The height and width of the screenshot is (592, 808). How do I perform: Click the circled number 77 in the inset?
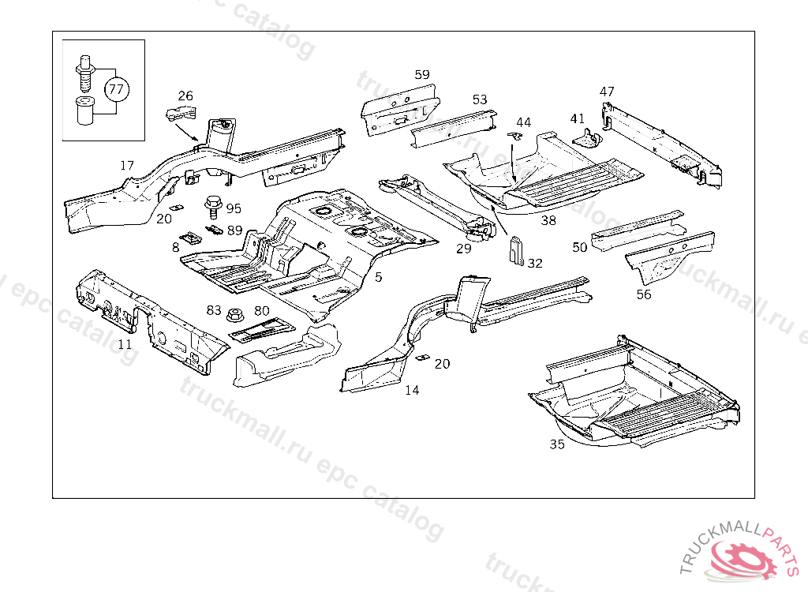tap(116, 88)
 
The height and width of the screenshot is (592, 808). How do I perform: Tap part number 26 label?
tap(185, 96)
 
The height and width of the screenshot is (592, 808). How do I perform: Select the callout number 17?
tap(127, 166)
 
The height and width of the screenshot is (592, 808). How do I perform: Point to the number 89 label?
tap(235, 230)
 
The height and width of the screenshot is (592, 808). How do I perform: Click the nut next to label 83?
tap(234, 315)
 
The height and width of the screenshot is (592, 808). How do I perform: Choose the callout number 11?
tap(125, 344)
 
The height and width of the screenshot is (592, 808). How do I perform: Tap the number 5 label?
tap(379, 277)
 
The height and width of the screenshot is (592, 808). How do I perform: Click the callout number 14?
tap(413, 390)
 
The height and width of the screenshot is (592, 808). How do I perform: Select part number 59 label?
tap(422, 75)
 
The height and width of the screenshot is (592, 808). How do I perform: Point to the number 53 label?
tap(480, 99)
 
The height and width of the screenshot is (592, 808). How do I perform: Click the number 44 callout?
tap(524, 122)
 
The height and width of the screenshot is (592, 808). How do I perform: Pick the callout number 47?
tap(607, 92)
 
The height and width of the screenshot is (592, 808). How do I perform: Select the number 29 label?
tap(463, 249)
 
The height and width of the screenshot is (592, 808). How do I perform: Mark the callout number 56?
tap(644, 294)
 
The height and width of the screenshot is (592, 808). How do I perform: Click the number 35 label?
tap(557, 444)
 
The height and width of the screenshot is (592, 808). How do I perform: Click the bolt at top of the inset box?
tap(85, 67)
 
